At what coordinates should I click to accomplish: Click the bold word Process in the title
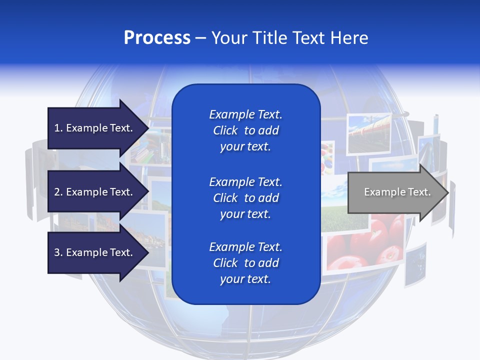tap(157, 38)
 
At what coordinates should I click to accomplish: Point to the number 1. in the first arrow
tap(58, 128)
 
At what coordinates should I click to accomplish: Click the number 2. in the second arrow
tap(58, 192)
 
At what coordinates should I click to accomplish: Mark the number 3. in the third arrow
tap(58, 252)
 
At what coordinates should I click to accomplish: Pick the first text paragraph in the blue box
tap(245, 130)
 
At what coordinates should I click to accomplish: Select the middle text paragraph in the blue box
tap(245, 198)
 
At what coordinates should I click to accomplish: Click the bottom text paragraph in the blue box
tap(245, 263)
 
